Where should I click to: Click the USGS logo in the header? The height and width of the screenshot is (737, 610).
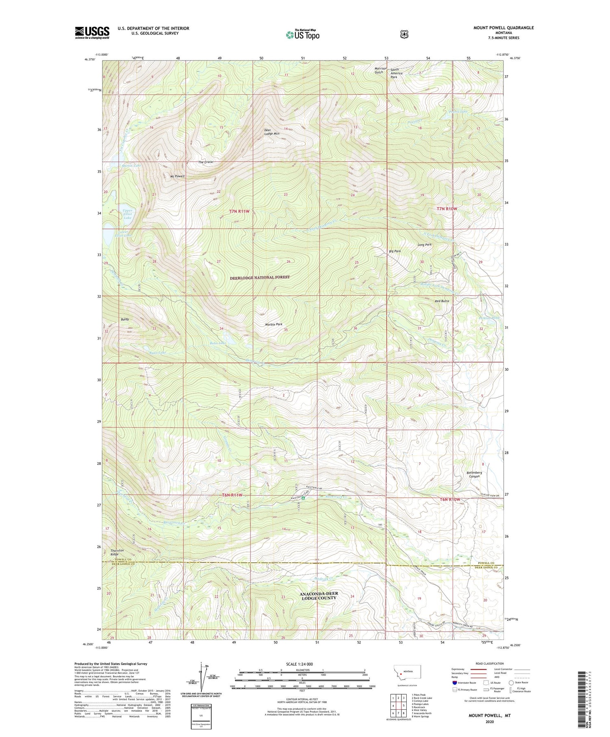pyautogui.click(x=92, y=33)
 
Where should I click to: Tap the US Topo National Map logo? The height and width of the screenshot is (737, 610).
pyautogui.click(x=303, y=35)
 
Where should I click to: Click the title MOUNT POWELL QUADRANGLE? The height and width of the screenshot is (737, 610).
pyautogui.click(x=503, y=28)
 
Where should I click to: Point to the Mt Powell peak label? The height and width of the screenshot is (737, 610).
pyautogui.click(x=177, y=176)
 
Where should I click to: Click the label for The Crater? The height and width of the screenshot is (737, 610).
pyautogui.click(x=206, y=162)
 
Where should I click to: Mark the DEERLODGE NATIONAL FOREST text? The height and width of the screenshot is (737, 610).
pyautogui.click(x=260, y=277)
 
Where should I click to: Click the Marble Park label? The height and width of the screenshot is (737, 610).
pyautogui.click(x=274, y=324)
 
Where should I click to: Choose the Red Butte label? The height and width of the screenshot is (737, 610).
pyautogui.click(x=442, y=301)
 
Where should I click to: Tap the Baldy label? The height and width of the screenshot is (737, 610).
pyautogui.click(x=124, y=319)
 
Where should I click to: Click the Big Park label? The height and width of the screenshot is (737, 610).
pyautogui.click(x=394, y=251)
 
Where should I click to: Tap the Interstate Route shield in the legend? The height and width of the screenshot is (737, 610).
pyautogui.click(x=455, y=683)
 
